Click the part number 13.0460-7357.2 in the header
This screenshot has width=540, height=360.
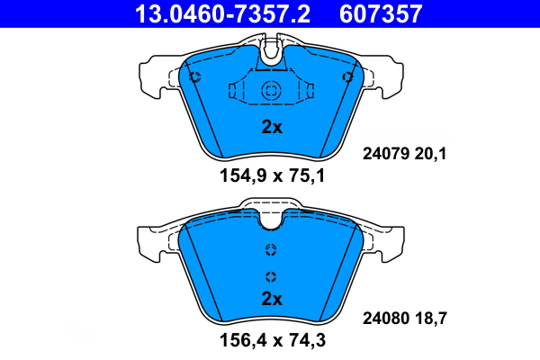(222, 13)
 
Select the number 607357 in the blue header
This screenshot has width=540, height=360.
(381, 13)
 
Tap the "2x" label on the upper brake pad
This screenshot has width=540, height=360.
(272, 127)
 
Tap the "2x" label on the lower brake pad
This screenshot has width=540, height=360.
(272, 299)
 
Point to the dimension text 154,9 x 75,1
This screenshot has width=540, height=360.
(272, 176)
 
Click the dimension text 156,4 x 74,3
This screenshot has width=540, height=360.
(273, 340)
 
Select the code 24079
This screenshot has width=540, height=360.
(386, 153)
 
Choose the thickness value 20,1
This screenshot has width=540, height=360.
(430, 154)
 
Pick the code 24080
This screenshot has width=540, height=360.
(386, 318)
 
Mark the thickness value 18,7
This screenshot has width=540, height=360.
(430, 319)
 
